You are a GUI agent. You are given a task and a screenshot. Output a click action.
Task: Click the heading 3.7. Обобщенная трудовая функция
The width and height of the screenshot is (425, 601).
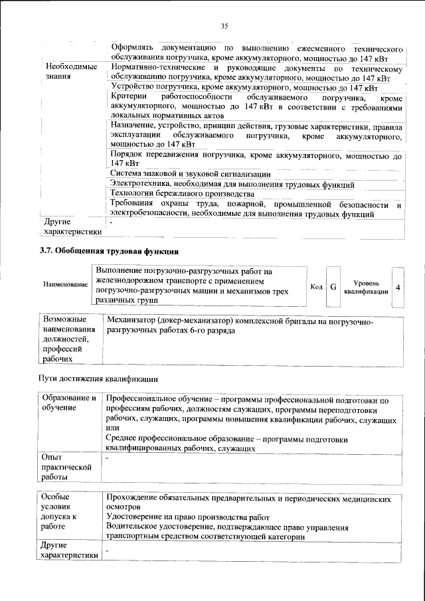(109, 251)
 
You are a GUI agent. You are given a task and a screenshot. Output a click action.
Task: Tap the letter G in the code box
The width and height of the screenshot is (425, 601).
(333, 287)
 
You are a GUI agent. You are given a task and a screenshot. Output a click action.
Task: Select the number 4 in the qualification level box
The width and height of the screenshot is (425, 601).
(397, 287)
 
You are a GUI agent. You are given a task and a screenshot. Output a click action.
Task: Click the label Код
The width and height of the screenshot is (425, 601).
(316, 287)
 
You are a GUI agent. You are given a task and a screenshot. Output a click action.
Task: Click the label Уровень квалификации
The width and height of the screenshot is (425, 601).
(366, 287)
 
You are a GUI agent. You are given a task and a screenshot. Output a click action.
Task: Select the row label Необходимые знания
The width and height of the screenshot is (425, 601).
(70, 72)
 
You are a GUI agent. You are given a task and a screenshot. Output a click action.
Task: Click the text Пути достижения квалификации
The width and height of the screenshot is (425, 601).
(97, 379)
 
